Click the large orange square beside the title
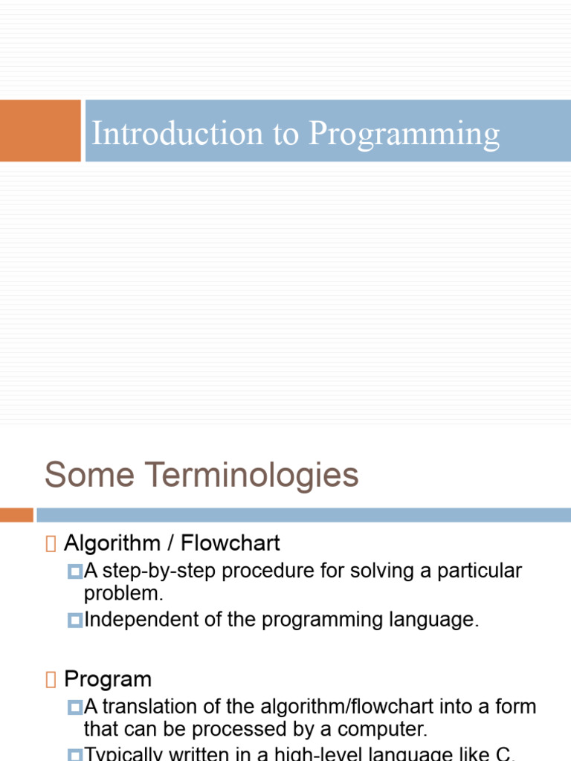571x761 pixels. [39, 131]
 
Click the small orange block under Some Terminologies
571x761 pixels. [16, 515]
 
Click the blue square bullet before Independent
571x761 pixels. [74, 620]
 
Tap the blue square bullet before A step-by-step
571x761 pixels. [74, 571]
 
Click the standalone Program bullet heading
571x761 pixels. [108, 679]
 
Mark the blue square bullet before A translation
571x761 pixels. [74, 707]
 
